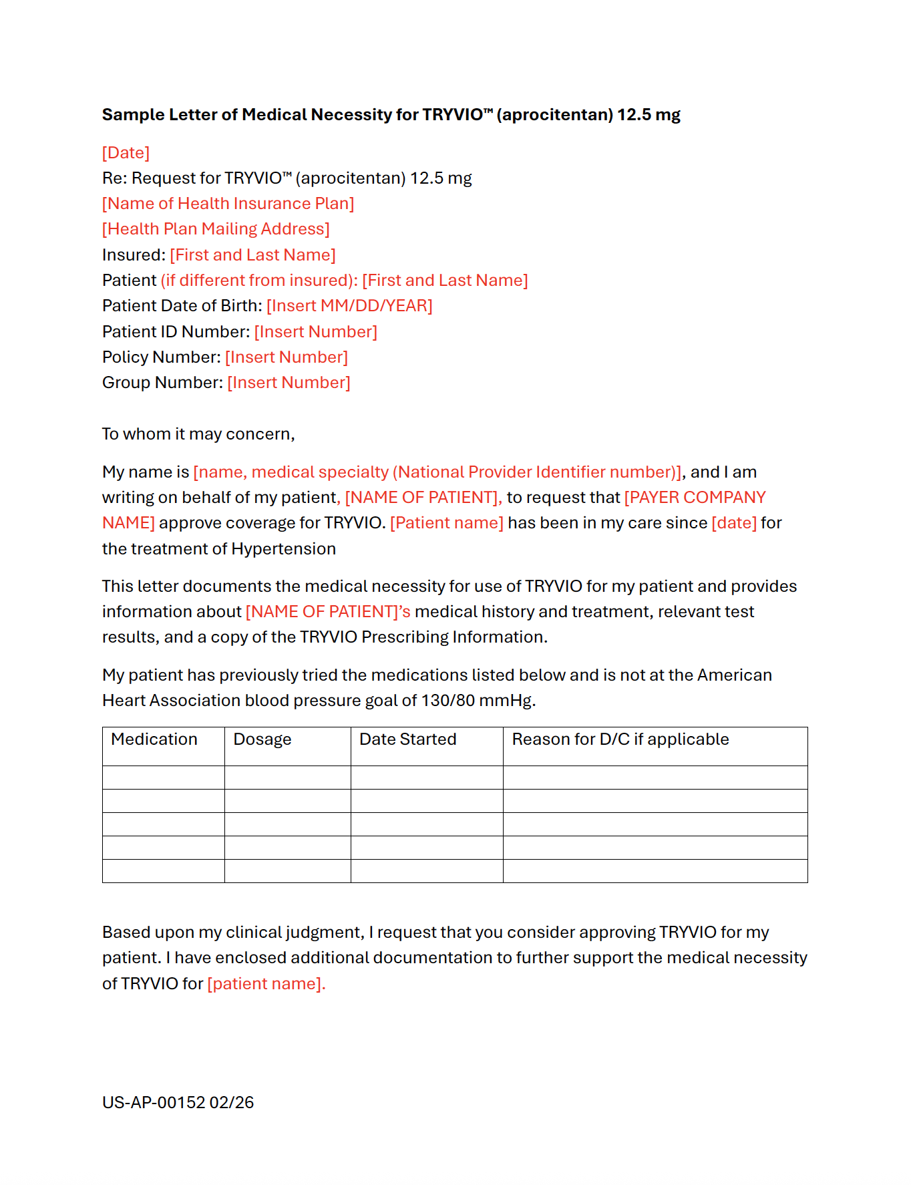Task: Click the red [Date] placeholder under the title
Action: tap(126, 153)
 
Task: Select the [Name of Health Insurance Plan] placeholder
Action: tap(228, 204)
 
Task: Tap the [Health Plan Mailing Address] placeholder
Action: tap(216, 229)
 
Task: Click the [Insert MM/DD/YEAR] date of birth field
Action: tap(349, 306)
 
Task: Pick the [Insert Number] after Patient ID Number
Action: tap(315, 332)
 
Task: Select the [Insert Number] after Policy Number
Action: tap(287, 357)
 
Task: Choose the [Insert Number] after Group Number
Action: tap(289, 383)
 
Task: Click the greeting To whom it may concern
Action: tap(198, 434)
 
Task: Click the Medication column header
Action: tap(154, 739)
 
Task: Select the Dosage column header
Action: tap(262, 739)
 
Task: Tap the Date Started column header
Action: tap(407, 739)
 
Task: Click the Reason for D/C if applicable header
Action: tap(620, 739)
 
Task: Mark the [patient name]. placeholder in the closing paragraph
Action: tap(266, 984)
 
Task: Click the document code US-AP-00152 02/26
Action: tap(178, 1103)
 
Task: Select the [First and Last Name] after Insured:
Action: tap(252, 255)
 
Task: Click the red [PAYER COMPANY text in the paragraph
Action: tap(695, 498)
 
